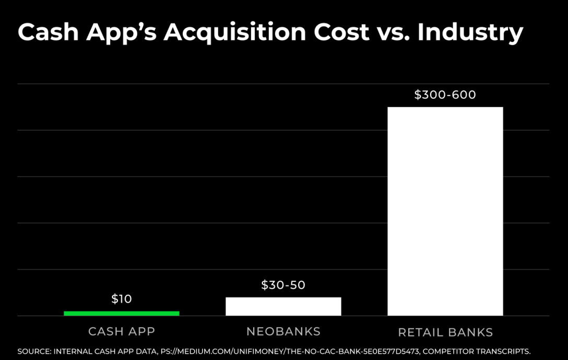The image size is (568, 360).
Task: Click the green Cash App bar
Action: coord(121,313)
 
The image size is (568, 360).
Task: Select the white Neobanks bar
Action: coord(283,306)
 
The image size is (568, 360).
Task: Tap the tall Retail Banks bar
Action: coord(445,211)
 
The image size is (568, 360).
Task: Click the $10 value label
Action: coord(122,299)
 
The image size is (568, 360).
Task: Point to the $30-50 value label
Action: coord(283,285)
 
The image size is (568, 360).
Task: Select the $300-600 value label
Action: coord(445,95)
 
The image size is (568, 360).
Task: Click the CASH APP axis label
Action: coord(122,331)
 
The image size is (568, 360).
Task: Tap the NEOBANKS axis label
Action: coord(283,331)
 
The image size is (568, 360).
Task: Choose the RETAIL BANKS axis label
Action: coord(445,332)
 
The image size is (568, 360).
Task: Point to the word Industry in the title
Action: coord(470,33)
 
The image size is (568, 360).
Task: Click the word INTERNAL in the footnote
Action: coord(74,351)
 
